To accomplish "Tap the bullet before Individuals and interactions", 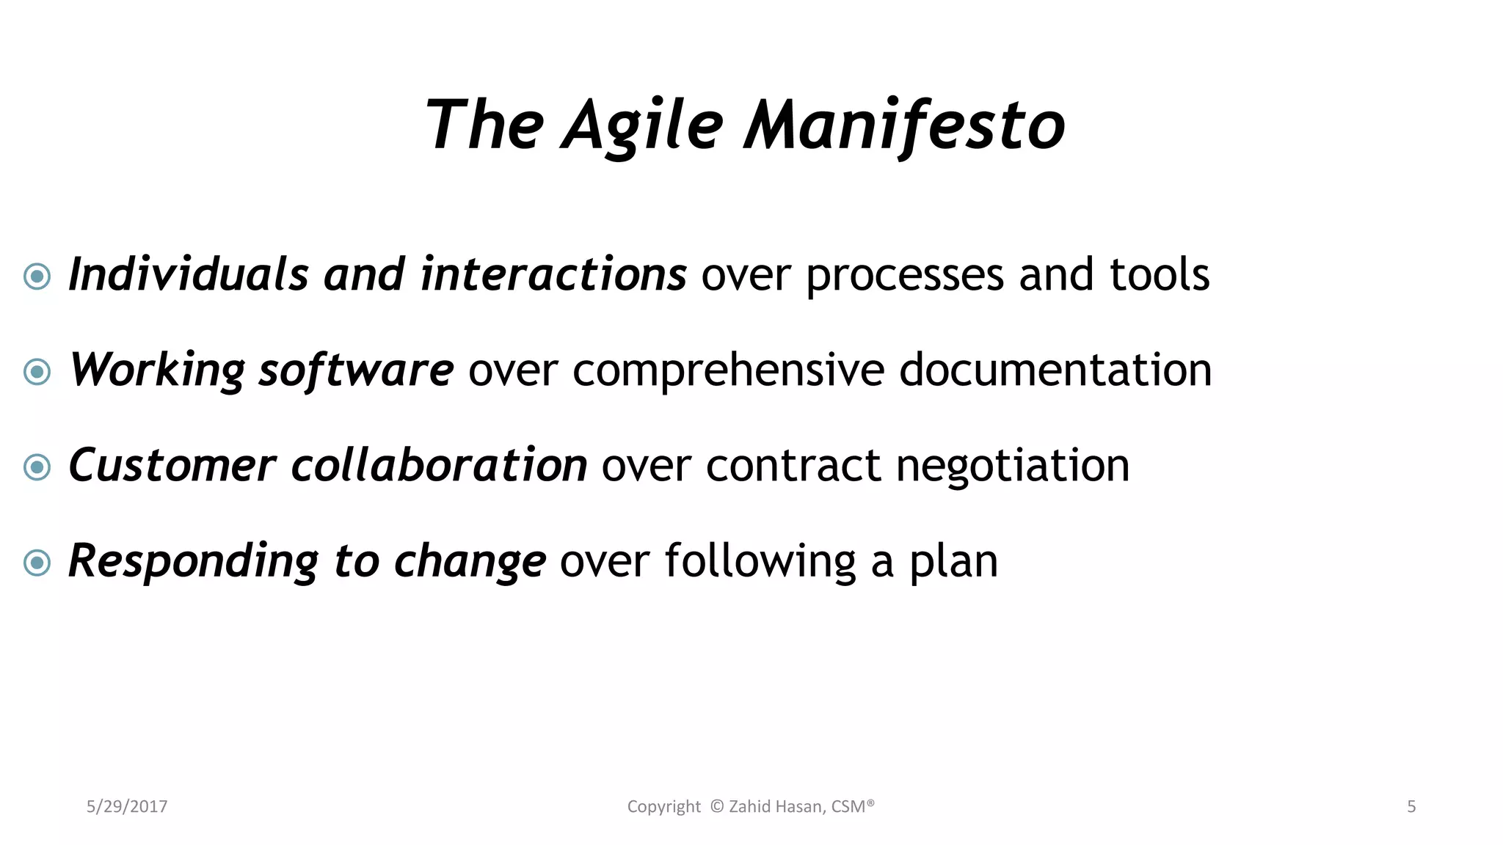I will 37,277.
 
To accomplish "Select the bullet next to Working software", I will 37,372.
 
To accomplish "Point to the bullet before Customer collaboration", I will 37,467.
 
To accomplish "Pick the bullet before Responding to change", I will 37,563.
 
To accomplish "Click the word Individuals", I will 188,274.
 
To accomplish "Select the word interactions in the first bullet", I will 553,274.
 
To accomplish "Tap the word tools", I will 1159,274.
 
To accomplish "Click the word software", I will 356,370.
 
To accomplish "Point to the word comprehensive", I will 728,370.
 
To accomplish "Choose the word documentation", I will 1055,370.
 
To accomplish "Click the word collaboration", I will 438,465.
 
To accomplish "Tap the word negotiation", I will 1012,465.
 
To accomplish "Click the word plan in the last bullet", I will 953,561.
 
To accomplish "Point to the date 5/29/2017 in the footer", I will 127,807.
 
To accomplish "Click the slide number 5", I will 1411,807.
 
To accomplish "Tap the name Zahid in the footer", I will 749,807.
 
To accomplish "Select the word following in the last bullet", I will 760,561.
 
